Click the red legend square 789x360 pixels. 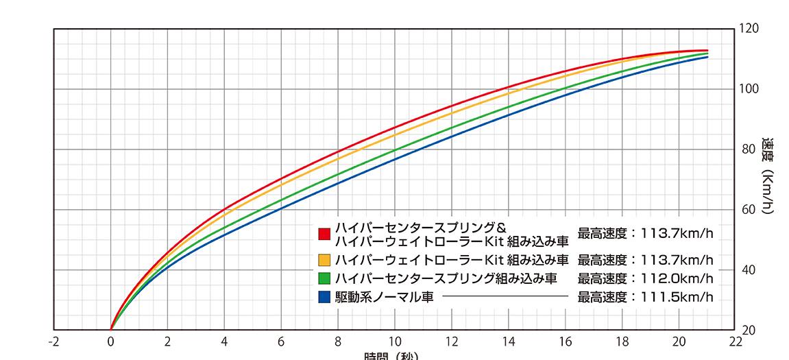[x=324, y=234]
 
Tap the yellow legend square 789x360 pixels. [x=324, y=260]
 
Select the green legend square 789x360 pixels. [x=324, y=278]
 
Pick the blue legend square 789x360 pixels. [x=324, y=297]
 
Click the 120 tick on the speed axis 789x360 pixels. [x=749, y=29]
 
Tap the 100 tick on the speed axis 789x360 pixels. [x=749, y=89]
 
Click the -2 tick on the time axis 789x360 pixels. [x=53, y=341]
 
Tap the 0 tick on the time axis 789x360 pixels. [x=110, y=341]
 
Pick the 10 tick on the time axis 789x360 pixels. [x=395, y=341]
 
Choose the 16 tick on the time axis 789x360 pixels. [x=566, y=341]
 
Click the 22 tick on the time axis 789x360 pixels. [x=736, y=341]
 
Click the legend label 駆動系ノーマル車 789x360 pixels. [x=384, y=297]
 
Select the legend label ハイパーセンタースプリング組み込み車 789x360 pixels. [x=446, y=278]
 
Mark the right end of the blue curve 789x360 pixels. [x=707, y=57]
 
